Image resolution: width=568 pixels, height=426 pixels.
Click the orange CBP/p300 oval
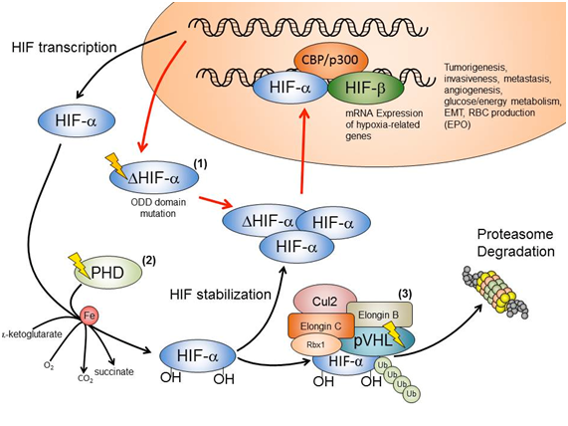(329, 60)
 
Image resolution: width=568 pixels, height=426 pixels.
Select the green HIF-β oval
(365, 89)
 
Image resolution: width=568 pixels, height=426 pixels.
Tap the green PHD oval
(108, 273)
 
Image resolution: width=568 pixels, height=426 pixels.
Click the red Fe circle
(90, 316)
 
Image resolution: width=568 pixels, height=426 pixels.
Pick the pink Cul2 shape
(324, 301)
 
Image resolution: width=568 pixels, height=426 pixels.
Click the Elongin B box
(379, 315)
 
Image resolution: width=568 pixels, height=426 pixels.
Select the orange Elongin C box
(321, 326)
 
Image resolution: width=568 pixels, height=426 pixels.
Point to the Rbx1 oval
(315, 344)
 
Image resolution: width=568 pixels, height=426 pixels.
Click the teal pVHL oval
(377, 340)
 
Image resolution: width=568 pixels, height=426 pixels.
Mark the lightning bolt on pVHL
(394, 333)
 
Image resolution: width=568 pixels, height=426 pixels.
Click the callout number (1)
(200, 164)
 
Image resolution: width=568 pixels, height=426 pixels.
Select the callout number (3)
(405, 294)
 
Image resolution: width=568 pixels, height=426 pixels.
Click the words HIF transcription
(64, 48)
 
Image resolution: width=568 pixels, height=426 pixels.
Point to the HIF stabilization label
(221, 294)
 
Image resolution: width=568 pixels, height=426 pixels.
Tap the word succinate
(113, 371)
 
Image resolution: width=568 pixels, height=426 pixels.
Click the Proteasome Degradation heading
(515, 243)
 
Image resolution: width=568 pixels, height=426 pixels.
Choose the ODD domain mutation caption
(158, 208)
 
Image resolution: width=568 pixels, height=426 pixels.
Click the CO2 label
(86, 378)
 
